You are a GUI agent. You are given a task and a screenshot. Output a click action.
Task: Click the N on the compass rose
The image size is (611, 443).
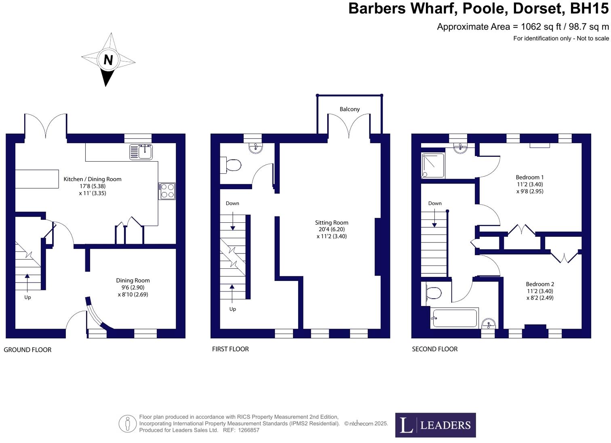click(108, 60)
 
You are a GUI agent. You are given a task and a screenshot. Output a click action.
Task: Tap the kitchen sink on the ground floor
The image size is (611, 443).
click(141, 152)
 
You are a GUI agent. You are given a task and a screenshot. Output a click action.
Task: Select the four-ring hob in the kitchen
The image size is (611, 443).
click(167, 191)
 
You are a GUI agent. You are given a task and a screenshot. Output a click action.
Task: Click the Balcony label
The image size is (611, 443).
click(350, 109)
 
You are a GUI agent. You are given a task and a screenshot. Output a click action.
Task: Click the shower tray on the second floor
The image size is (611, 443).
click(433, 165)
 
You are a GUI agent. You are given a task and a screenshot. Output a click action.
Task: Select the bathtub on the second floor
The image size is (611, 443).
click(454, 318)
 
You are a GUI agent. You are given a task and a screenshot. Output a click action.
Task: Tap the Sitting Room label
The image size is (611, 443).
click(331, 223)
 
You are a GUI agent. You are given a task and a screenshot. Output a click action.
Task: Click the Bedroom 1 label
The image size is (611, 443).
click(529, 177)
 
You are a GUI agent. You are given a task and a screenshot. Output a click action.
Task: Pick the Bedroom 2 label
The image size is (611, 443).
click(539, 284)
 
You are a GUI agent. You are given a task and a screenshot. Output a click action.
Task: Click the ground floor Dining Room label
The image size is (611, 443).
click(133, 281)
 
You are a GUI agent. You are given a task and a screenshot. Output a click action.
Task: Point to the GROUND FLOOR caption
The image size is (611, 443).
click(27, 350)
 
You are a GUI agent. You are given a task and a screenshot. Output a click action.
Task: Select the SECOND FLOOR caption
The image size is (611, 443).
click(434, 349)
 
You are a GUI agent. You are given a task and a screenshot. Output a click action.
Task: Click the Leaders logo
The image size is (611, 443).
click(435, 425)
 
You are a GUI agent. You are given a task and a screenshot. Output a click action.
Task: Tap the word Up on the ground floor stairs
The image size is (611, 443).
click(27, 297)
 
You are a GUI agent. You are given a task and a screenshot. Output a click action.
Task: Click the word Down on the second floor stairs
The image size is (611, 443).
click(435, 203)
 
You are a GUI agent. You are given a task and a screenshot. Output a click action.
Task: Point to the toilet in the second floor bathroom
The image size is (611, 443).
click(433, 293)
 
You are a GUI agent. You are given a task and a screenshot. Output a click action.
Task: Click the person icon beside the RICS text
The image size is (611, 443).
click(128, 424)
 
